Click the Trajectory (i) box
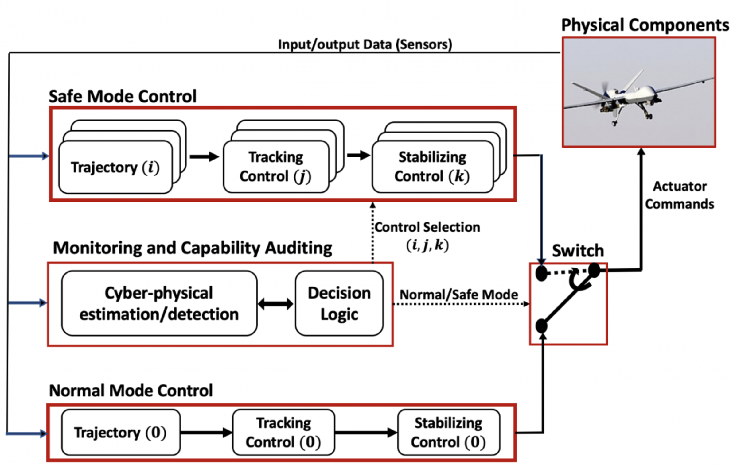(x=115, y=167)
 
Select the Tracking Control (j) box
(x=276, y=167)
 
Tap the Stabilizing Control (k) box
(x=432, y=167)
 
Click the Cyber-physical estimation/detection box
(x=159, y=303)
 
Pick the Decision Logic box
(x=339, y=303)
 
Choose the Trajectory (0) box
(x=120, y=432)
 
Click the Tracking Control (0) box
(x=283, y=432)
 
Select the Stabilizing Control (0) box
(x=448, y=432)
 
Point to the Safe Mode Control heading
(x=123, y=96)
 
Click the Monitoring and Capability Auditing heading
(x=192, y=248)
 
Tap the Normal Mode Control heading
(x=131, y=391)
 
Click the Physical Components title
(x=645, y=25)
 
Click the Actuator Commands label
(x=679, y=195)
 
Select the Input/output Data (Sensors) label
(x=365, y=45)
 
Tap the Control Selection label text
(x=427, y=228)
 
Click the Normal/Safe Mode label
(x=458, y=295)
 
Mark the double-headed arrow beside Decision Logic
(x=275, y=304)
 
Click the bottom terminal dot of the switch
(x=541, y=326)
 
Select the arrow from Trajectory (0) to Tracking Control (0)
(x=206, y=433)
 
